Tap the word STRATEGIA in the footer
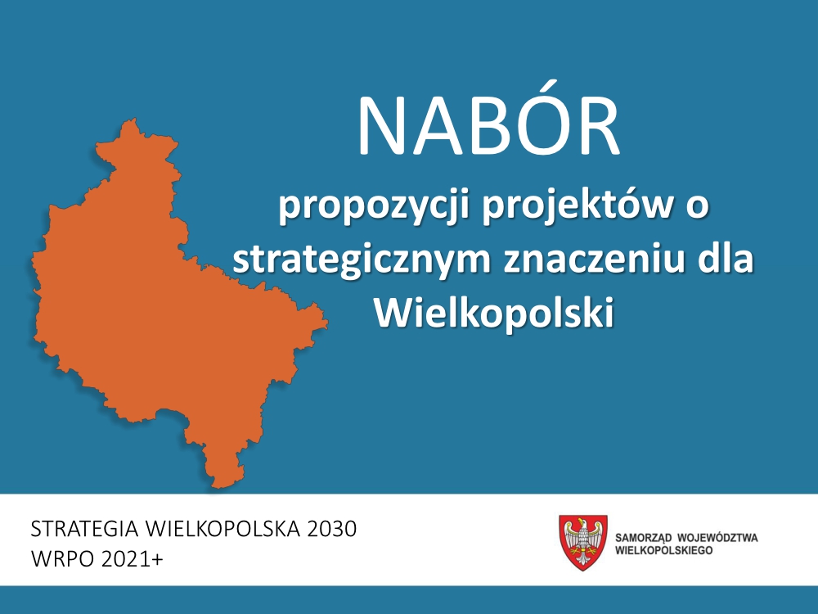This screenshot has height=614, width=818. pyautogui.click(x=85, y=529)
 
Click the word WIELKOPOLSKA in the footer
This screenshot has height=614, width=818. pyautogui.click(x=222, y=529)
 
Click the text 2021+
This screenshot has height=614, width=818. pyautogui.click(x=132, y=559)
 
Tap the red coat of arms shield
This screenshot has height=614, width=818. pyautogui.click(x=583, y=543)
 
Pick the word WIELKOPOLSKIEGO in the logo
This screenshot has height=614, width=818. pyautogui.click(x=663, y=550)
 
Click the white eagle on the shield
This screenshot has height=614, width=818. pyautogui.click(x=583, y=541)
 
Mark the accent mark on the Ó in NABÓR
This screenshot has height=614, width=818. pyautogui.click(x=492, y=86)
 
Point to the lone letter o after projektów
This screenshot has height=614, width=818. pyautogui.click(x=698, y=206)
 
